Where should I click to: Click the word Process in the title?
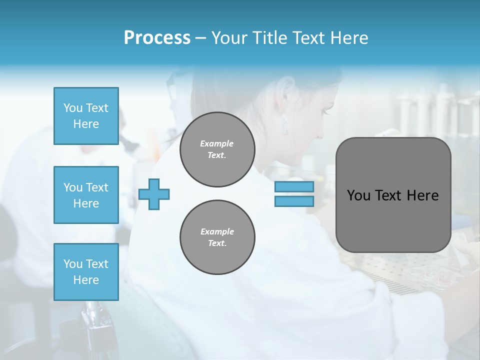coord(157,38)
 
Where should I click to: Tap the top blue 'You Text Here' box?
coord(86,116)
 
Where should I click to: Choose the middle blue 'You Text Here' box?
coord(86,195)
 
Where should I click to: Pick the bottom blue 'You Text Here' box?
coord(86,272)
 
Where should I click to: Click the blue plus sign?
coord(154,194)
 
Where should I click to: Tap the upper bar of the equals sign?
coord(294,187)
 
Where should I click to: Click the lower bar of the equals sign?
coord(294,201)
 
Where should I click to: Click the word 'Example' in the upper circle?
coord(217,143)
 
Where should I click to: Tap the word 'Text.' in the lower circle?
coord(217,243)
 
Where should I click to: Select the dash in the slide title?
coord(200,38)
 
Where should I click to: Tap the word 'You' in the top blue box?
coord(72,108)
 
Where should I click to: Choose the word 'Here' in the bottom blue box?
coord(86,280)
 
